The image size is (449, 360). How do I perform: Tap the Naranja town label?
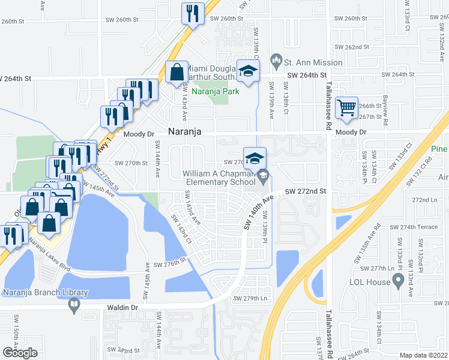[184, 131]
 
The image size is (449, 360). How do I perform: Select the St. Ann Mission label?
[313, 62]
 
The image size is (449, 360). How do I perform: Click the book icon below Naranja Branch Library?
[74, 305]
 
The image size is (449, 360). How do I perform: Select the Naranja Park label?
[220, 91]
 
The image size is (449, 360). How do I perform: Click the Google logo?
[20, 352]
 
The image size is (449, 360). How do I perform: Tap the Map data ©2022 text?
[423, 355]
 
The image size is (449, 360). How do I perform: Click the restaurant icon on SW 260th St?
[193, 14]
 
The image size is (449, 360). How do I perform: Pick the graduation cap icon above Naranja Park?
[247, 71]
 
